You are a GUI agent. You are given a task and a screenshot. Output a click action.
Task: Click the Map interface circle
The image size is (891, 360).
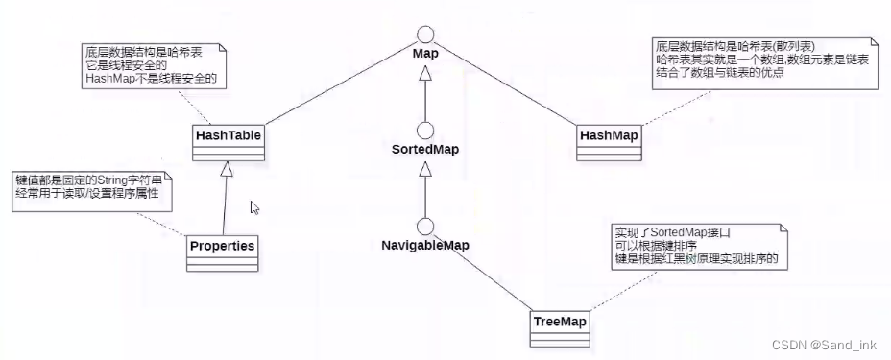[425, 26]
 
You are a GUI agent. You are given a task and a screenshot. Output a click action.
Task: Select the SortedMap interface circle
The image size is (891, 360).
[425, 132]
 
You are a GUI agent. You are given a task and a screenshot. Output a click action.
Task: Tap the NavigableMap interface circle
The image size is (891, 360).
[425, 227]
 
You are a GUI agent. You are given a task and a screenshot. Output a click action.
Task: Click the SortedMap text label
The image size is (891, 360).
[425, 152]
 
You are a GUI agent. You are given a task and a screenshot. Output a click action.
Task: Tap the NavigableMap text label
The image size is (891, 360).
[425, 246]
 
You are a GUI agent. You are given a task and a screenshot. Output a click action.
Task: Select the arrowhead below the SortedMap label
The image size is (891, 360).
[425, 171]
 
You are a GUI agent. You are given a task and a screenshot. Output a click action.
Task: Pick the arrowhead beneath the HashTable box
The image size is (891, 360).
[227, 170]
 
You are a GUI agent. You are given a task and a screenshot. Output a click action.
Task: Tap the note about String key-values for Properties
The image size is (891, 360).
[92, 189]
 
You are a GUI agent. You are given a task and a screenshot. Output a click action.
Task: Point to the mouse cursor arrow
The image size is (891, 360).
[254, 207]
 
